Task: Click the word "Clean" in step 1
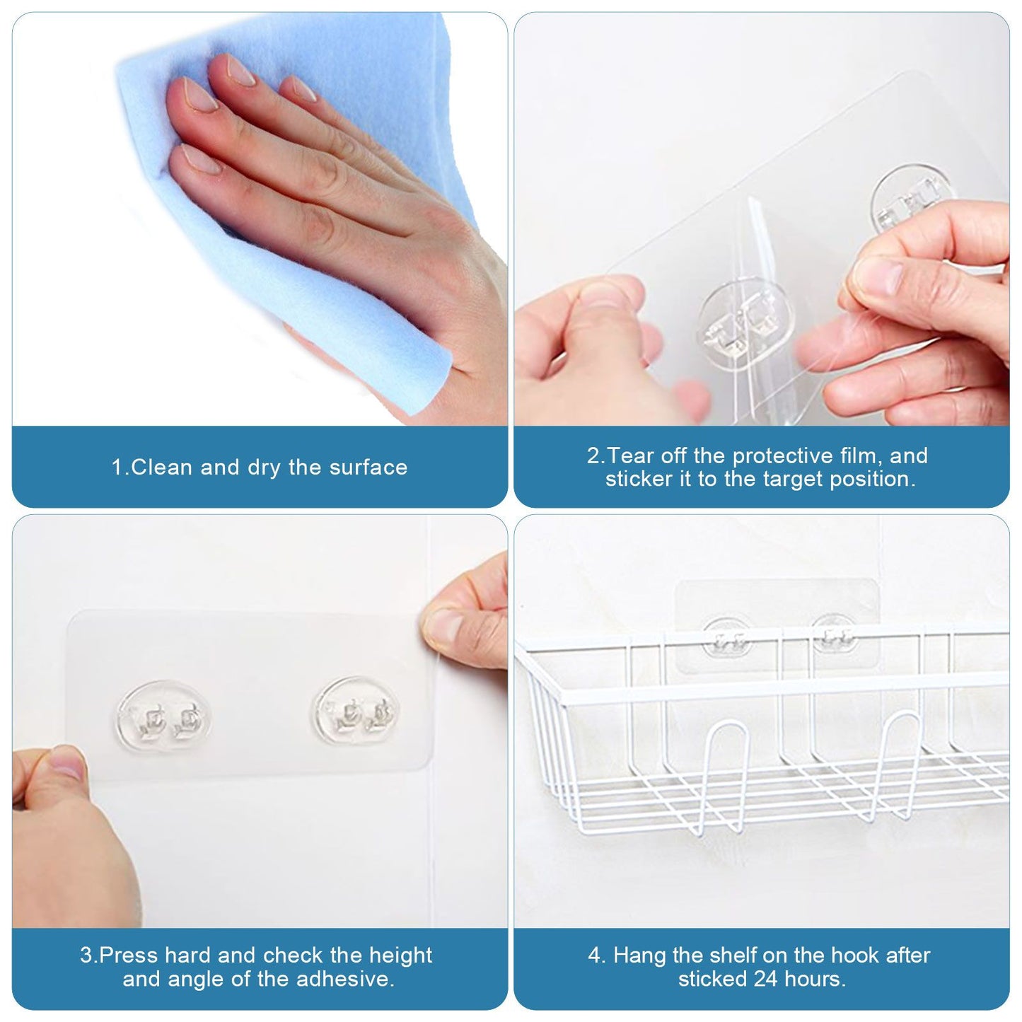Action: coord(163,468)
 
